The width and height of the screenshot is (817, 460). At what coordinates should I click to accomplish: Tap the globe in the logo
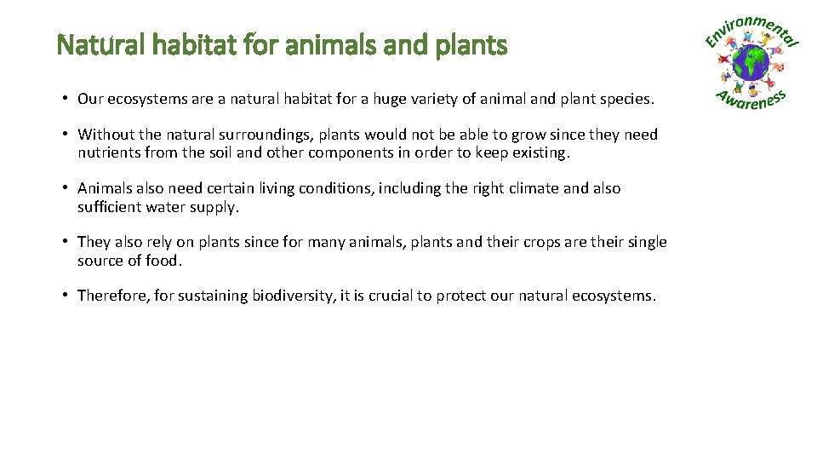click(751, 63)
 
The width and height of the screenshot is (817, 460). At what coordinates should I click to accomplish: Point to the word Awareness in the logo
click(751, 101)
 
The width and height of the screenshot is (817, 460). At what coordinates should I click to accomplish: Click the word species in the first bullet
click(626, 99)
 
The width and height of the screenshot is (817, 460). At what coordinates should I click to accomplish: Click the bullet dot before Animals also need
click(66, 188)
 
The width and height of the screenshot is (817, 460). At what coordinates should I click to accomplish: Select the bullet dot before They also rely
click(66, 242)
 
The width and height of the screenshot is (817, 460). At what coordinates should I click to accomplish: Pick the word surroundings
click(266, 135)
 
